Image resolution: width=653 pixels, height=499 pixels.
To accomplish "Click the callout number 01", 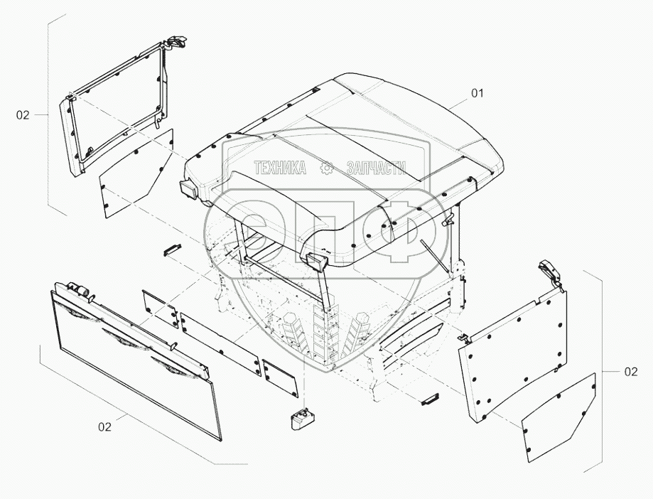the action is [x=477, y=93].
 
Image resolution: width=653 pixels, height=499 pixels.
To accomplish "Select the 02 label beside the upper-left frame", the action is [x=23, y=115].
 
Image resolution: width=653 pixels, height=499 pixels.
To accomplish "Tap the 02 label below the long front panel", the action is [x=105, y=426].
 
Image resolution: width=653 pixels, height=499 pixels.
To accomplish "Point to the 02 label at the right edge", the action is [x=630, y=372].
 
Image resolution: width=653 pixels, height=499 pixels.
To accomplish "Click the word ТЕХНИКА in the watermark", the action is [x=280, y=168].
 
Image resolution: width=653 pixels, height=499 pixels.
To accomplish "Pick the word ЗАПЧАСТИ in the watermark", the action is [x=376, y=168].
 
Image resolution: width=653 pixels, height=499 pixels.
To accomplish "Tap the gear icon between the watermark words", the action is [x=327, y=168].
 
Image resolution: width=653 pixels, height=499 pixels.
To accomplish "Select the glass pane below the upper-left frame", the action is [x=136, y=173].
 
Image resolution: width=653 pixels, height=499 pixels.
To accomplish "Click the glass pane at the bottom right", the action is [x=559, y=418].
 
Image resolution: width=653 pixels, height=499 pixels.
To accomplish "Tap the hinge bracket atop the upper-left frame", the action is [x=176, y=42].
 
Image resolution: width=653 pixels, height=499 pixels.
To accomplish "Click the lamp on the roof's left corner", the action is [x=189, y=190].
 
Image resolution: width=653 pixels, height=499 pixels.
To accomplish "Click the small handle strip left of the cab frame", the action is [x=172, y=250].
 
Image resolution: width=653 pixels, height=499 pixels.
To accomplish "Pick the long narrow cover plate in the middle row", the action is [x=221, y=345].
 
